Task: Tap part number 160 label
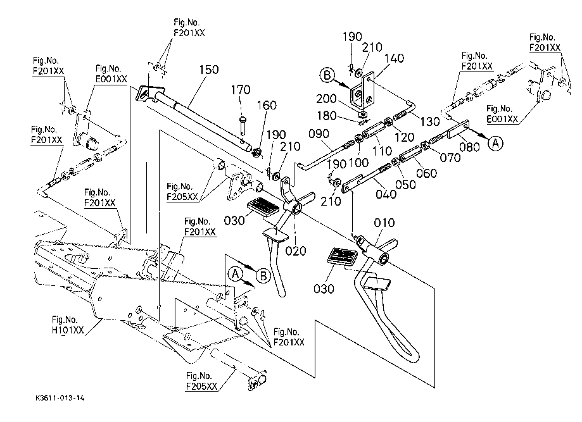269,106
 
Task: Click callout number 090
322,134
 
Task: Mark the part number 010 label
384,223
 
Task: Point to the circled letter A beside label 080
497,144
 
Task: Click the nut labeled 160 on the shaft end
257,152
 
